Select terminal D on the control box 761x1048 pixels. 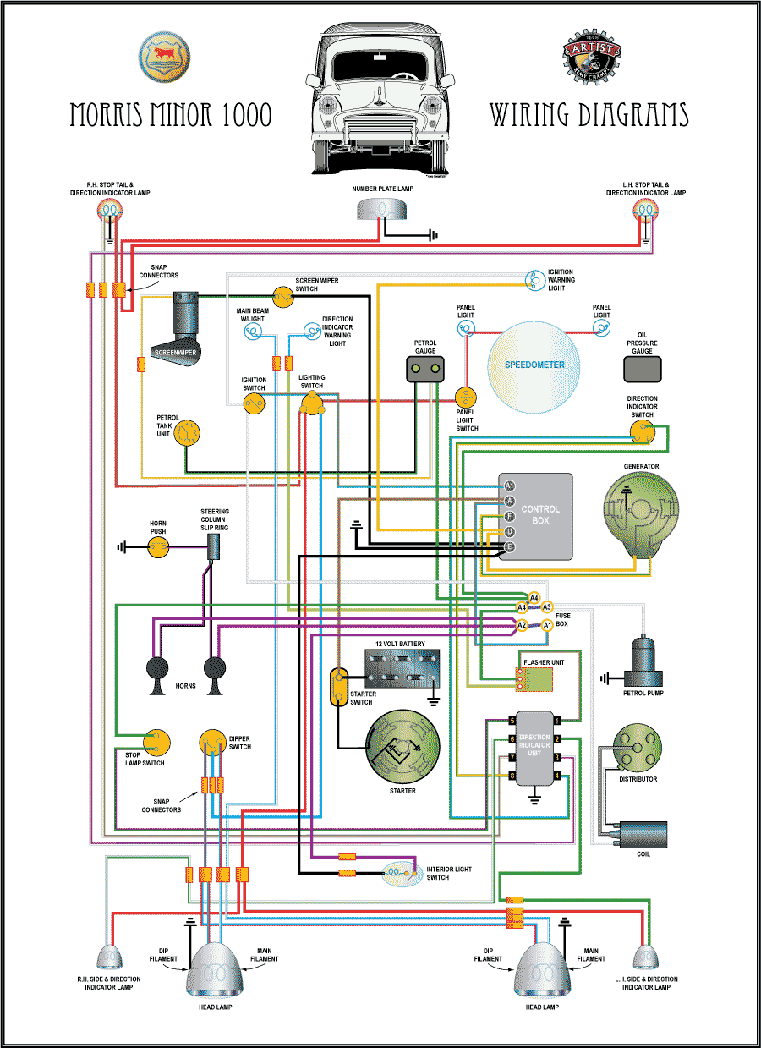509,532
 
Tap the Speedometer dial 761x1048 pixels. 535,365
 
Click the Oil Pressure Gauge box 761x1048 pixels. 643,369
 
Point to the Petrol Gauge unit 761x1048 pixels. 425,369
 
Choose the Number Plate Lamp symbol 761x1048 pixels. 380,209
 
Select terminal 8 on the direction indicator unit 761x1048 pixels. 512,776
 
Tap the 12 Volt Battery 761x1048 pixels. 401,670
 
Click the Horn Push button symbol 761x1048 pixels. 158,548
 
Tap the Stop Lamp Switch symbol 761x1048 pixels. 156,742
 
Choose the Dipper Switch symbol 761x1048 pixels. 213,743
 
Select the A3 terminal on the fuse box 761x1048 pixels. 547,606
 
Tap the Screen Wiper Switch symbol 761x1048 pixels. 282,294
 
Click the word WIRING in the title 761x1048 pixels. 538,115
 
